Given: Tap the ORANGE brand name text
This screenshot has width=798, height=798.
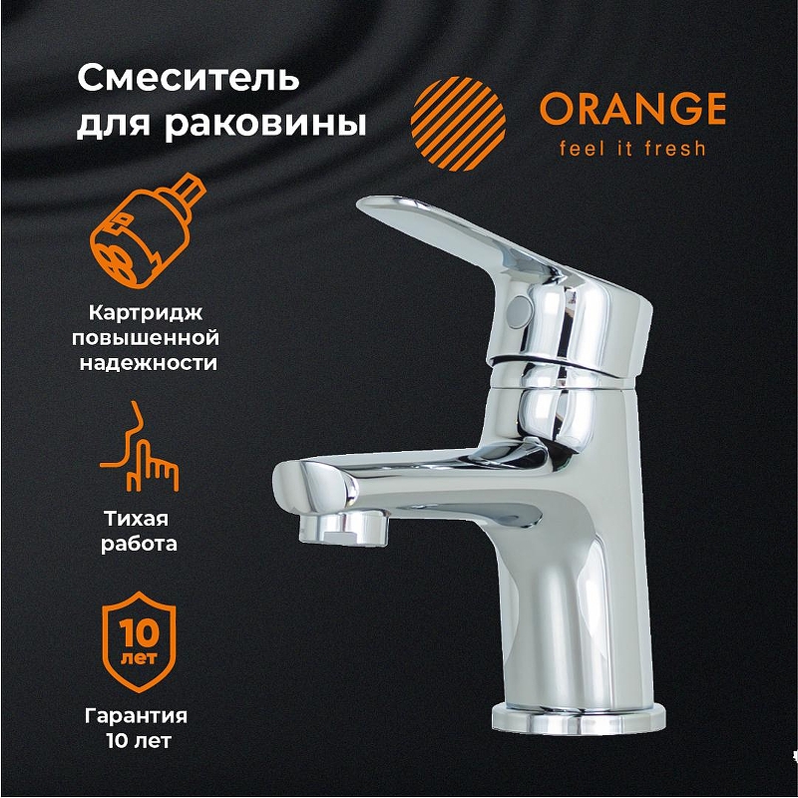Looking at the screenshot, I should pos(632,110).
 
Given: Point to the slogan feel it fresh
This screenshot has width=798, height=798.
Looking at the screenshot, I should pos(623,149).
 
